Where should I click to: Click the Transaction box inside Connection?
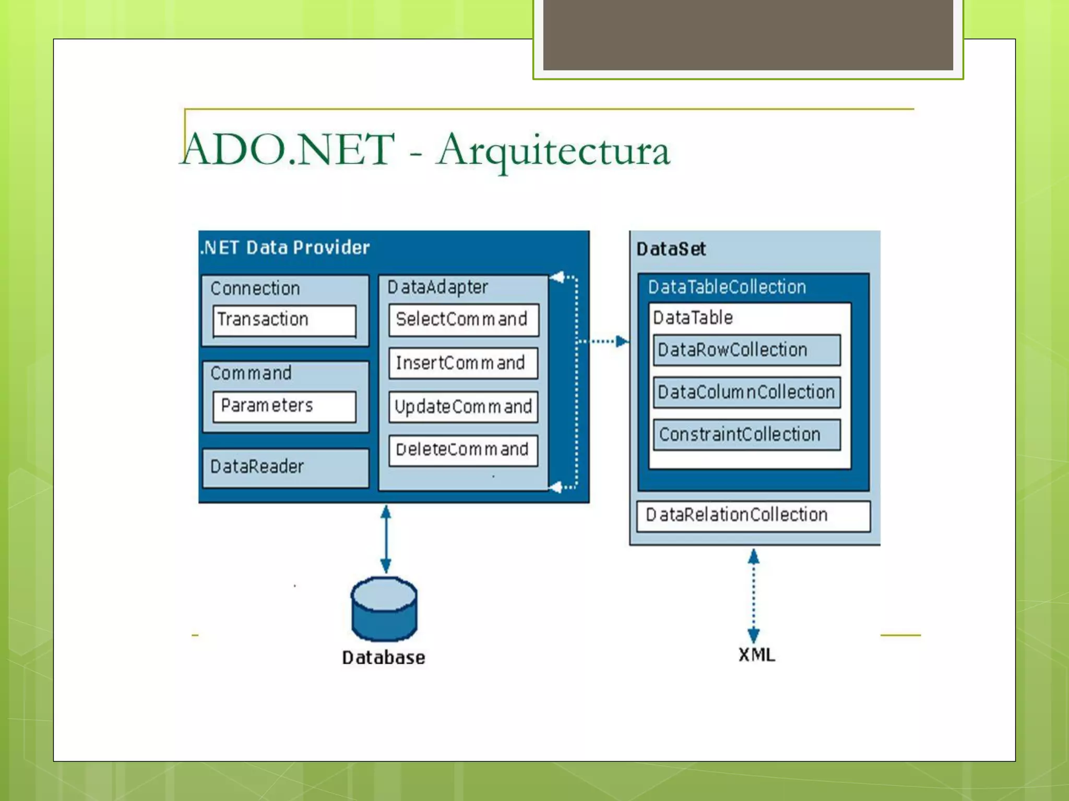click(284, 320)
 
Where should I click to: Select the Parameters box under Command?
click(284, 406)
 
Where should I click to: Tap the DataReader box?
click(285, 467)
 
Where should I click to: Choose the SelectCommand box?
click(463, 320)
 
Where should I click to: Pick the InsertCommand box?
click(463, 363)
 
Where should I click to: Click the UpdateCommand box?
click(463, 407)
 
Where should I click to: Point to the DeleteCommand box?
click(463, 450)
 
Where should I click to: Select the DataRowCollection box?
click(746, 350)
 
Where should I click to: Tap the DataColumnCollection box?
click(746, 392)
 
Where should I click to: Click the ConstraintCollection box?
click(746, 434)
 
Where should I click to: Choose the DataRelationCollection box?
click(753, 516)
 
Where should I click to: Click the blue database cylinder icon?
click(384, 609)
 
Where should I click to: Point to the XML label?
click(756, 655)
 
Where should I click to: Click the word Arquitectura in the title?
click(553, 150)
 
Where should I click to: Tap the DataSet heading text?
click(671, 249)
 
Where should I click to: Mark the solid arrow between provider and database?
click(386, 539)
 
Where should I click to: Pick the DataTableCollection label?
click(727, 287)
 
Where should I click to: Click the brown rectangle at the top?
click(747, 34)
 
